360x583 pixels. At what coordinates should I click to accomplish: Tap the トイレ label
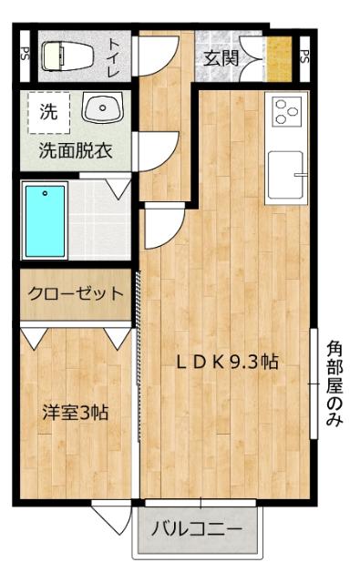tap(116, 55)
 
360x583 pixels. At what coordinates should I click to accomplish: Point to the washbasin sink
tap(99, 110)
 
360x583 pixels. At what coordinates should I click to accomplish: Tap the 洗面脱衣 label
tap(75, 151)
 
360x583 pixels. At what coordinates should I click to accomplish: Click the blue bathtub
tap(46, 220)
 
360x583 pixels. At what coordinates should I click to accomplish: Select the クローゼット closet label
tap(75, 293)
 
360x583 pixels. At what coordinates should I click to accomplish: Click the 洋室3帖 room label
tap(75, 412)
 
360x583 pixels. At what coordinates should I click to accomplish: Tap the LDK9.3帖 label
tap(227, 361)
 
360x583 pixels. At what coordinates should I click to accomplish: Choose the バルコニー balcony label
tap(196, 528)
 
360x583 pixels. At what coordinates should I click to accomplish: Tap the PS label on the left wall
tap(25, 55)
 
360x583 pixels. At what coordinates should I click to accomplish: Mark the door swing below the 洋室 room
tap(107, 519)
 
